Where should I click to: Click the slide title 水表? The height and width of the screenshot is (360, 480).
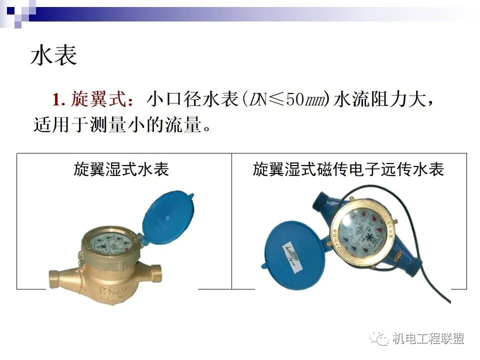[54, 55]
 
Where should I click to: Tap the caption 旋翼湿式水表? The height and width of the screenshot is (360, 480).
[121, 169]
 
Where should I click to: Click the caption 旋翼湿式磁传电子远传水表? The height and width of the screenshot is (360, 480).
[348, 169]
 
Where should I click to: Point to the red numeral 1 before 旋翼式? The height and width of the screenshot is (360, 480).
[56, 99]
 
